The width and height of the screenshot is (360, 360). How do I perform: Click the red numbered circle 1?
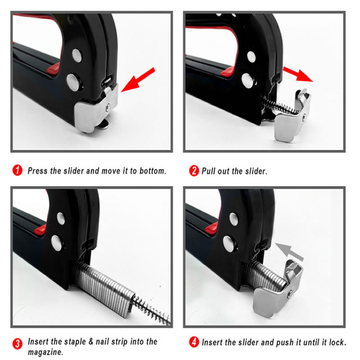pos(17,171)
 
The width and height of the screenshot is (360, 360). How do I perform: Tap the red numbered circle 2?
pos(194,171)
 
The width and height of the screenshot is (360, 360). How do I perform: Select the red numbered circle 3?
pos(17,344)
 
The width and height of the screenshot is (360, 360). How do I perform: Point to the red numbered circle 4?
pos(194,342)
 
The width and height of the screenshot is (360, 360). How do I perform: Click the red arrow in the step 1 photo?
pos(138,80)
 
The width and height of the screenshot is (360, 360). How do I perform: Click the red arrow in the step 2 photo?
pos(298,74)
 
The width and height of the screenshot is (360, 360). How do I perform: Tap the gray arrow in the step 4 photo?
pos(289,252)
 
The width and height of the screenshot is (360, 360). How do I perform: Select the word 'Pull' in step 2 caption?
pos(208,171)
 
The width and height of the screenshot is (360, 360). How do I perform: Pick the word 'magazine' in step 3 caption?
pos(45,352)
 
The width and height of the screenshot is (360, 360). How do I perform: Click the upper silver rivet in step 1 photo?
pos(77,55)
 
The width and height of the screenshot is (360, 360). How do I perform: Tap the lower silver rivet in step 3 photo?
pos(57,243)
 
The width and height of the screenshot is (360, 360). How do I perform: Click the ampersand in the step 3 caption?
pos(91,342)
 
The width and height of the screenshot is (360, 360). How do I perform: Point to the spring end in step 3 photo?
pos(169,322)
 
